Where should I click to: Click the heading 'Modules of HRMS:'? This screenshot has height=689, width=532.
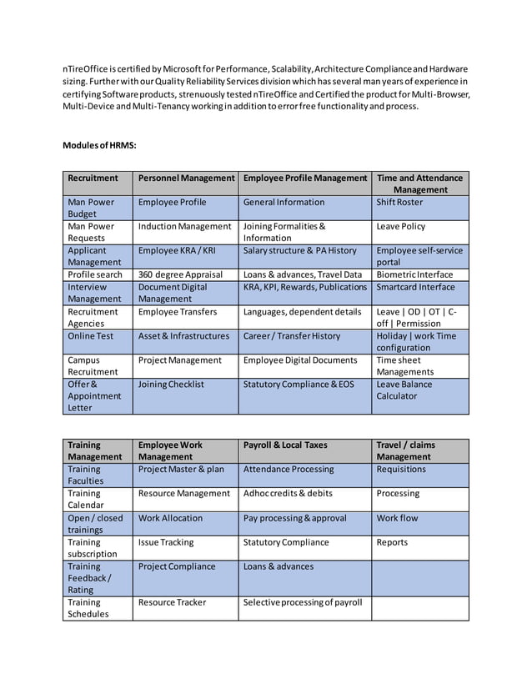click(98, 146)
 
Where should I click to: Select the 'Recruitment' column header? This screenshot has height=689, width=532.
click(93, 178)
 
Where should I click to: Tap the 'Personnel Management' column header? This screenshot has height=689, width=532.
click(186, 178)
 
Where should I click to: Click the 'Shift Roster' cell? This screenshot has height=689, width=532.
click(400, 202)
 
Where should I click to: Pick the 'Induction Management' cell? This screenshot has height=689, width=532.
click(184, 226)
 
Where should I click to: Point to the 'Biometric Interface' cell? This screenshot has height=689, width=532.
click(414, 274)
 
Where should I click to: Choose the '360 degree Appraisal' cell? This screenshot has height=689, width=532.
click(180, 274)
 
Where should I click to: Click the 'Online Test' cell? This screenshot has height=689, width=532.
click(91, 336)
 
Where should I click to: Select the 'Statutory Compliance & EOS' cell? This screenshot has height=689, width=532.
click(299, 385)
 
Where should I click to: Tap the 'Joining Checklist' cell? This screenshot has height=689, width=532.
click(171, 385)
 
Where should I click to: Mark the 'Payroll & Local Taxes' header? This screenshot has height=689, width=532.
click(285, 445)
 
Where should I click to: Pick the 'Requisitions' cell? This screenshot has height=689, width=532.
click(401, 470)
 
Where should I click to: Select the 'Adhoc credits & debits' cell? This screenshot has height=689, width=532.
click(288, 493)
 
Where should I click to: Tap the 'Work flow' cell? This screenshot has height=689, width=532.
click(397, 518)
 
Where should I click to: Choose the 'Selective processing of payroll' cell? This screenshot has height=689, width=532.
click(303, 602)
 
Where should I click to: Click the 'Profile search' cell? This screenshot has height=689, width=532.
click(95, 274)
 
